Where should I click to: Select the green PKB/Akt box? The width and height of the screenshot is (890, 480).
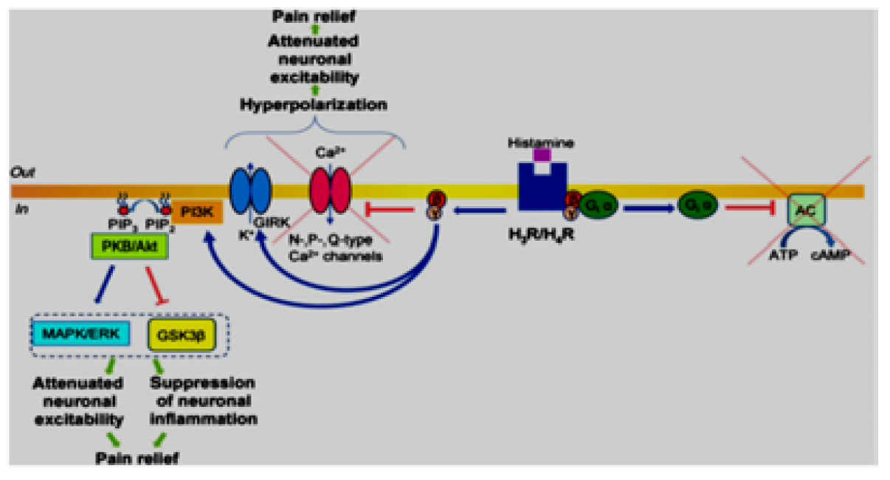coord(130,247)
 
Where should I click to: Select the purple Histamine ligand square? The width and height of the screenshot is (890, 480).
coord(542,154)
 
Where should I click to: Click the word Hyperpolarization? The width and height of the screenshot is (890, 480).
coord(313,105)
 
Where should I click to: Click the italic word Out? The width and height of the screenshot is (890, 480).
coord(20,171)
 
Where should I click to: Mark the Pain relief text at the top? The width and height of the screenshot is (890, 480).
coord(313,16)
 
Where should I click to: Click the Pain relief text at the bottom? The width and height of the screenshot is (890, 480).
coord(137,458)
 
